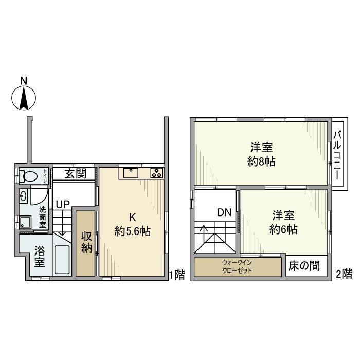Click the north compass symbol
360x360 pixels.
(23, 97)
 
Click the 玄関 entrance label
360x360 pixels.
(75, 174)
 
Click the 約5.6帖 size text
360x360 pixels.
(132, 232)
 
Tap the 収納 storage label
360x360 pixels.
(86, 242)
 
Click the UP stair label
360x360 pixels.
(63, 205)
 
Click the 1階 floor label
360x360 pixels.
(177, 275)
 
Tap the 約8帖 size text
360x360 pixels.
(261, 162)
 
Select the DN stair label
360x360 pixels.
(224, 212)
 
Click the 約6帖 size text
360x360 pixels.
(283, 230)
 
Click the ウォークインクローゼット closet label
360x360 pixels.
(238, 267)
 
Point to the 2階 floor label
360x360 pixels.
(343, 275)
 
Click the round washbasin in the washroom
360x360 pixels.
(23, 195)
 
